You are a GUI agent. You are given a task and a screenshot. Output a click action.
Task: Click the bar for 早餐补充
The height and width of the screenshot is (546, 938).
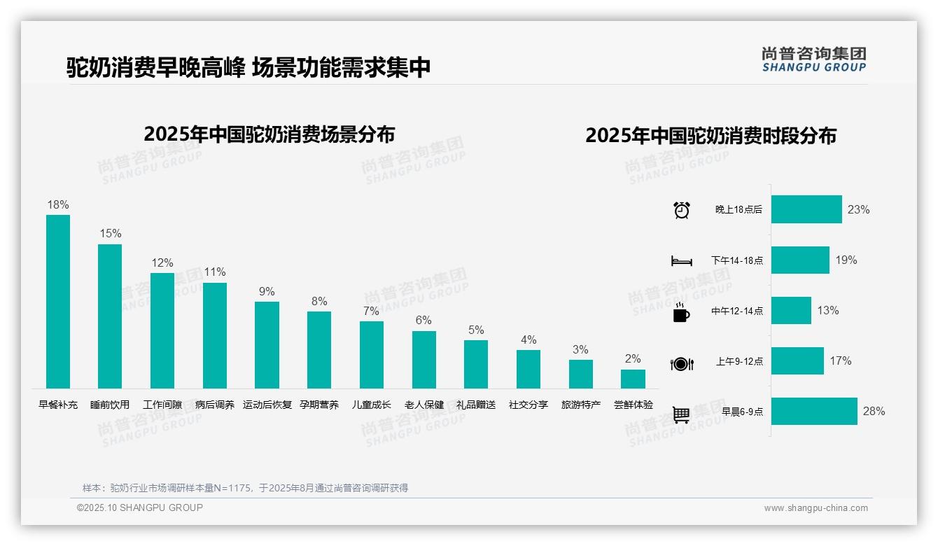click(x=58, y=301)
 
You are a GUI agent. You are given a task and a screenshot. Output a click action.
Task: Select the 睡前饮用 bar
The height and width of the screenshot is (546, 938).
click(x=110, y=316)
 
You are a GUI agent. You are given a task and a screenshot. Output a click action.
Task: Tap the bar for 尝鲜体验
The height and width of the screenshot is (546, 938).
click(x=633, y=379)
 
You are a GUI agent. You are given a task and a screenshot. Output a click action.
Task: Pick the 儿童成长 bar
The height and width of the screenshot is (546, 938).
click(x=372, y=354)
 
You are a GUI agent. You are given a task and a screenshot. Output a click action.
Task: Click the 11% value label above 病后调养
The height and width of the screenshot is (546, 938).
click(x=215, y=272)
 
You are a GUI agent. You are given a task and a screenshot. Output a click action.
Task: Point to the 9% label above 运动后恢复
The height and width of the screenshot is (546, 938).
click(x=267, y=292)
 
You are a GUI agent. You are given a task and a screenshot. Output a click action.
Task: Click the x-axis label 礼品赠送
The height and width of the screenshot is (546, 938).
click(x=476, y=405)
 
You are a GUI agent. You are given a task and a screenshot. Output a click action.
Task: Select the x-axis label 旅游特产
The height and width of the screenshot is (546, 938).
click(x=581, y=405)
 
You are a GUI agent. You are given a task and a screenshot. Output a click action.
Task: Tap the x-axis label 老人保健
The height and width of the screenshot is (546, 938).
click(x=424, y=405)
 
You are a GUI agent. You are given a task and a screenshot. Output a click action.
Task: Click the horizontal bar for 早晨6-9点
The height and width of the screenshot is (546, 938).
click(x=814, y=411)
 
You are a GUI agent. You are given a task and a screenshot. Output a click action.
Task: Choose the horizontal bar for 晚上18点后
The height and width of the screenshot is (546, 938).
click(x=806, y=209)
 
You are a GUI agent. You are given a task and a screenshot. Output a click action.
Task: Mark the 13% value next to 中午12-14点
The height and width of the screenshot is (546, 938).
click(x=828, y=310)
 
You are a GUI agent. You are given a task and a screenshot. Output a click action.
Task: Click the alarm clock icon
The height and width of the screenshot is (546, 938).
click(x=682, y=210)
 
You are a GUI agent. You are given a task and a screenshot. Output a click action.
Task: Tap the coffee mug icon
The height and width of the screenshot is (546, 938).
click(x=681, y=312)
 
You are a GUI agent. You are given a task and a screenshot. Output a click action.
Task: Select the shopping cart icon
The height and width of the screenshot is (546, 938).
click(x=681, y=414)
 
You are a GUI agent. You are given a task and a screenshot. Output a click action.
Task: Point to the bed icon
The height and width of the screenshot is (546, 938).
click(x=681, y=261)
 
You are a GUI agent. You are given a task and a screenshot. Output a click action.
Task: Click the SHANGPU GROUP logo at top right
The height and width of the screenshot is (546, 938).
click(x=813, y=59)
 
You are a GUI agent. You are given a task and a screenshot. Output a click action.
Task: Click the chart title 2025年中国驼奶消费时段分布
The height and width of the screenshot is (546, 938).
click(x=710, y=135)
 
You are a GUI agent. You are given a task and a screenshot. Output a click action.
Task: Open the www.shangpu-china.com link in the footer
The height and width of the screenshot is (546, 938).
click(x=815, y=508)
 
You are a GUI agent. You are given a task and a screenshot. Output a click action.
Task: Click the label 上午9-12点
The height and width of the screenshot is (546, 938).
click(x=739, y=361)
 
